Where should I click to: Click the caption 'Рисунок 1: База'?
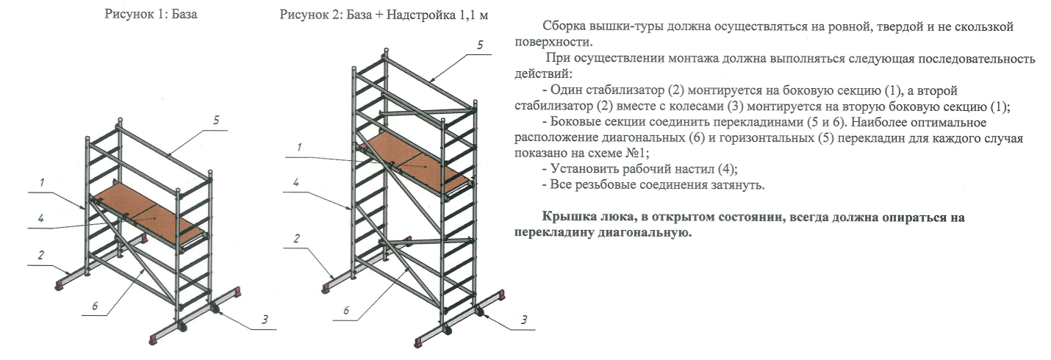(151, 14)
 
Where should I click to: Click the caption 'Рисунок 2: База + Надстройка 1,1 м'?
(384, 15)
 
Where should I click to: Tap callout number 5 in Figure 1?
(216, 120)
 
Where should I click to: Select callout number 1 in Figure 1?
(42, 182)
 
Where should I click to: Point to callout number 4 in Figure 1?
(41, 218)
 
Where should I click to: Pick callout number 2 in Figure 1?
(41, 255)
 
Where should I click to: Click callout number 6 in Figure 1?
(95, 306)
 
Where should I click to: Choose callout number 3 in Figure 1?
(265, 320)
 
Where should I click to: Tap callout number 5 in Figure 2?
(480, 45)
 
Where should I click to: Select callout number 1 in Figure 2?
(299, 147)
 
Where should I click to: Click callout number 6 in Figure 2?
(346, 310)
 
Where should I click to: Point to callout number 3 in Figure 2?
(524, 320)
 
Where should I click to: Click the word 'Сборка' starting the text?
(565, 26)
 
